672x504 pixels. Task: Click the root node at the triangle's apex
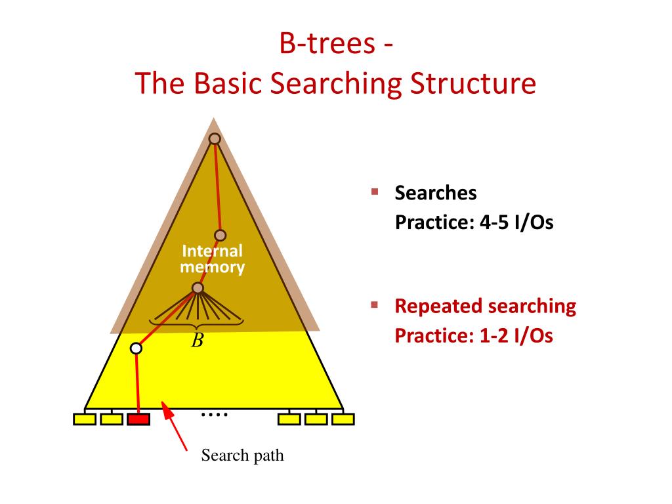click(x=214, y=138)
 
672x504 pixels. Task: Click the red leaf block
click(x=138, y=419)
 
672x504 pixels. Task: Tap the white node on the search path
click(x=136, y=348)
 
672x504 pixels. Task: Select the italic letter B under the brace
click(x=197, y=341)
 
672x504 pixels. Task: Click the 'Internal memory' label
click(x=212, y=259)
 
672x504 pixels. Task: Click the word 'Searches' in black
click(x=435, y=194)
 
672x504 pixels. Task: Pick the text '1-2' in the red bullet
click(x=497, y=336)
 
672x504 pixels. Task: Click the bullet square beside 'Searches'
click(x=375, y=192)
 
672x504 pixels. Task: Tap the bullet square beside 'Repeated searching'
click(x=375, y=305)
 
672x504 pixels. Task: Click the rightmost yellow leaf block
click(x=343, y=419)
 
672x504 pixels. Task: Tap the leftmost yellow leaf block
click(x=84, y=419)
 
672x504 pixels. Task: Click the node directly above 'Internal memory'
click(x=220, y=235)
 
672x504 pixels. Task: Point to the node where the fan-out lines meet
click(x=198, y=288)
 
